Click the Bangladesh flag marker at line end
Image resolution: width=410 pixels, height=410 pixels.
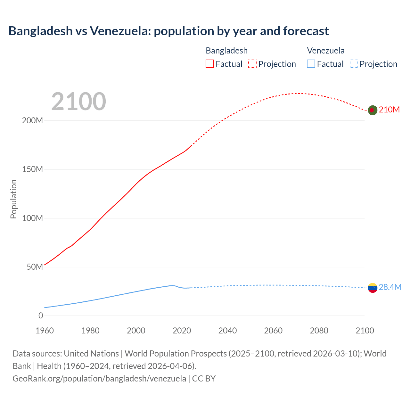coord(372,110)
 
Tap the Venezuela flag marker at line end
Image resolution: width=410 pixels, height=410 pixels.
coord(373,288)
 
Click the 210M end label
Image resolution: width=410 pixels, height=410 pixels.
coord(389,110)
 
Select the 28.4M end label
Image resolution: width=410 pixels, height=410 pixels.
coord(390,287)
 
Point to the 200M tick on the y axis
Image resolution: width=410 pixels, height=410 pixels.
coord(32,121)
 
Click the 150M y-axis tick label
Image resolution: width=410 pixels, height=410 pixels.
coord(32,169)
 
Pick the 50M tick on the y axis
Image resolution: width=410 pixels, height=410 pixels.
coord(35,267)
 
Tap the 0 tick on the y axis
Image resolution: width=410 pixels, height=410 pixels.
coord(41,316)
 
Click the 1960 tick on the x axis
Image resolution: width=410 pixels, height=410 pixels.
coord(45,331)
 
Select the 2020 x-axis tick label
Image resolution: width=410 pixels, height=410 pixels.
coord(182,331)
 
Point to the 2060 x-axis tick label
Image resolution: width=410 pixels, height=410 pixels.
coord(273,331)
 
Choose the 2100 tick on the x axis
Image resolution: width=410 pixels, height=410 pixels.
coord(365,331)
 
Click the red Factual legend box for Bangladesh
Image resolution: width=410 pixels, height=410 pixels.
coord(210,64)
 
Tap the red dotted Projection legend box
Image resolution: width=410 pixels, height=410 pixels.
coord(252,64)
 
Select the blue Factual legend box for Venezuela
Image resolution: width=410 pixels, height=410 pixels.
coord(311,64)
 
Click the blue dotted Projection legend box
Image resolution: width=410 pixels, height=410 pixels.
coord(354,64)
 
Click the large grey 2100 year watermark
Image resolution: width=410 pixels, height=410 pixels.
coord(78,102)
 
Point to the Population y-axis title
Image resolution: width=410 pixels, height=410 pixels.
coord(13,199)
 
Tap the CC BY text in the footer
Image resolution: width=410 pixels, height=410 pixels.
coord(204,379)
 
